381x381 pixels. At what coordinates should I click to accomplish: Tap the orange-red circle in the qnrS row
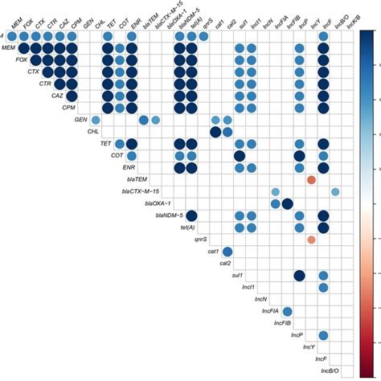point(310,239)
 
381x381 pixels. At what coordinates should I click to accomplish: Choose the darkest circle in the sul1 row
point(299,275)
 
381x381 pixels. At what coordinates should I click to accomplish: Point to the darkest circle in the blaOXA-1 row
point(287,203)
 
